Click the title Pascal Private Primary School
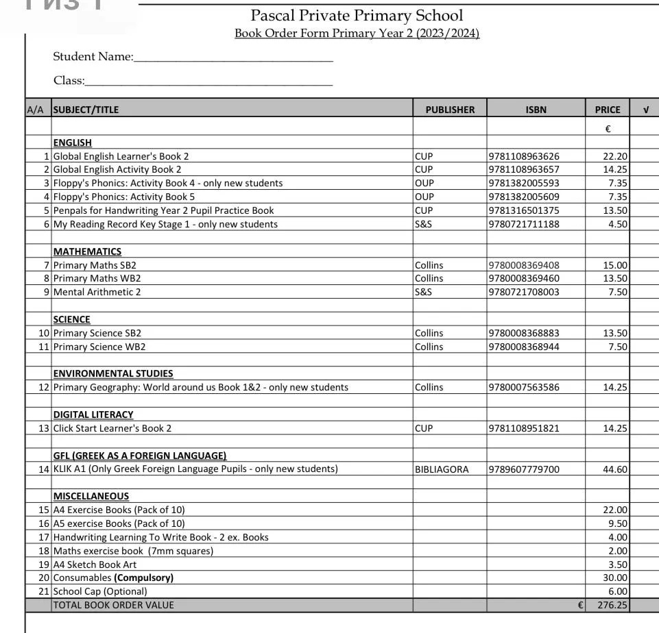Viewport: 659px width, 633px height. (356, 15)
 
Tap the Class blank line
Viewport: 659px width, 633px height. (208, 83)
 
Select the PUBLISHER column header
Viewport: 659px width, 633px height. (450, 110)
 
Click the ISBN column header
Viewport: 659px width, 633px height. (536, 110)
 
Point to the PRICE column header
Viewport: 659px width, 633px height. (607, 110)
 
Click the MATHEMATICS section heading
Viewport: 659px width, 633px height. (87, 251)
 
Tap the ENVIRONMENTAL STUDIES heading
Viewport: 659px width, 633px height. (113, 373)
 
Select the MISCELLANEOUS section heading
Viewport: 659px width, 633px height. (91, 496)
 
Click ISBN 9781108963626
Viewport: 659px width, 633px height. (524, 156)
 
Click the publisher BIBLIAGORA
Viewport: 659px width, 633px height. (442, 469)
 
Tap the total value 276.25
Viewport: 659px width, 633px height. (612, 605)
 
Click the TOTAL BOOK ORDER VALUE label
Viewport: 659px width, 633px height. (113, 605)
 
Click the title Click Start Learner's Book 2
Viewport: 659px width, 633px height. (112, 428)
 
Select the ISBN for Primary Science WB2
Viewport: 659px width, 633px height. (524, 347)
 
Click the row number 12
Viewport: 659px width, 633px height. (44, 387)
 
